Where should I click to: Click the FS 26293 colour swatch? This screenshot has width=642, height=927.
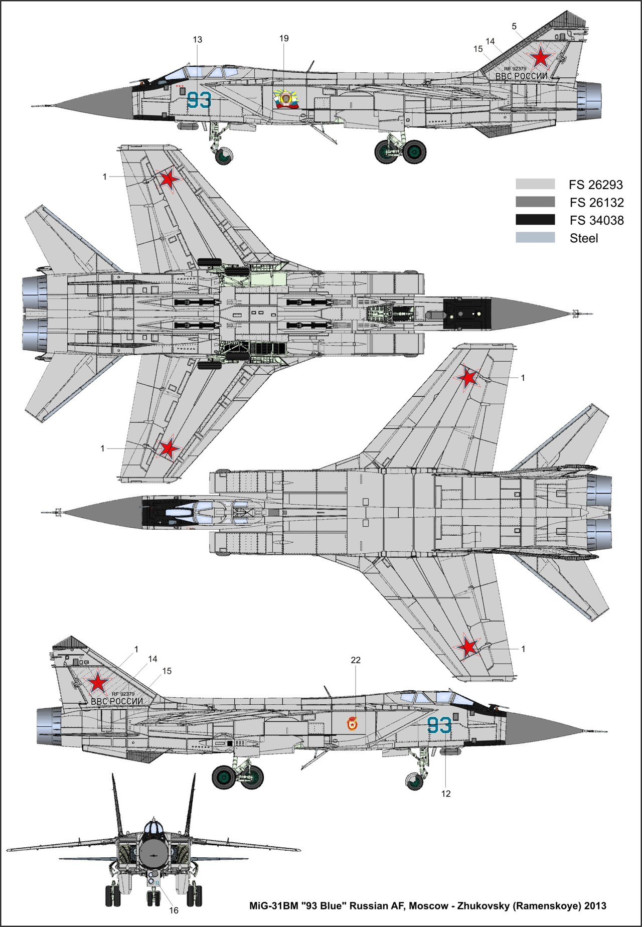click(535, 184)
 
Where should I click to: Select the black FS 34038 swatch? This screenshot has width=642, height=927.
click(535, 220)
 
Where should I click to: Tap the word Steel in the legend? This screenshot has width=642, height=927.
click(584, 238)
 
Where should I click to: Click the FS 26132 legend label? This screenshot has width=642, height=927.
click(596, 203)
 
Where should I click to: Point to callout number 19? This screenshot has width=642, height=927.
click(284, 39)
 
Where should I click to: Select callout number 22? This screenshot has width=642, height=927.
click(356, 660)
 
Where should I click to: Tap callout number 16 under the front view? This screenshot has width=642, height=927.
click(174, 910)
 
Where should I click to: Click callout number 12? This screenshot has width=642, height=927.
click(446, 793)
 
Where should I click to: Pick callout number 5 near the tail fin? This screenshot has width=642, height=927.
click(514, 27)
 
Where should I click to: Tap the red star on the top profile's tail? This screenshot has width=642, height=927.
click(540, 58)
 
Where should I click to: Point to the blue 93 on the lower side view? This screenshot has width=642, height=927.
click(439, 726)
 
